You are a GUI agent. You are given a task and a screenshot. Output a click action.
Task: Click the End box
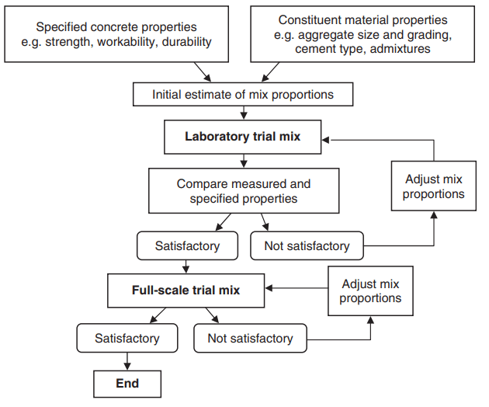(x=127, y=384)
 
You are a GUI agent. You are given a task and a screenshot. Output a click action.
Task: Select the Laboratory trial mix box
(x=243, y=137)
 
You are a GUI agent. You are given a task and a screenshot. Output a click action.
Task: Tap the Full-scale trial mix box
(x=186, y=290)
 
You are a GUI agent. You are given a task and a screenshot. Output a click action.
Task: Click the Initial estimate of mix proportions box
(x=243, y=94)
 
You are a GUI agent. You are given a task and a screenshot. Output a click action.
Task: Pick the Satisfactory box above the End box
(x=127, y=338)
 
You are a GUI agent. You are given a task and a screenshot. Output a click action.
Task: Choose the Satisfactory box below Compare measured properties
(x=187, y=245)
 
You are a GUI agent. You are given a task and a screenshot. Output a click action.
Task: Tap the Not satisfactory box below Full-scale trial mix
(x=250, y=338)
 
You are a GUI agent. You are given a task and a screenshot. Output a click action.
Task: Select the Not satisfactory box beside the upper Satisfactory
(x=307, y=245)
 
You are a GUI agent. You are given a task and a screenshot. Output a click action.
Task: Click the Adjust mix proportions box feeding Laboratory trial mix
(x=433, y=186)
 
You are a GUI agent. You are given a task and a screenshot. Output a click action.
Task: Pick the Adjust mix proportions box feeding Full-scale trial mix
(x=370, y=291)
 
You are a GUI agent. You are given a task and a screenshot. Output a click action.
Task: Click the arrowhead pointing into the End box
(x=127, y=367)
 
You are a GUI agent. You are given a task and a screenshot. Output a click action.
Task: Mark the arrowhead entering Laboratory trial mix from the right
(x=325, y=140)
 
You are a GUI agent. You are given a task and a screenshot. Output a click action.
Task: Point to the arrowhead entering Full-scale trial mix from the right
(x=269, y=287)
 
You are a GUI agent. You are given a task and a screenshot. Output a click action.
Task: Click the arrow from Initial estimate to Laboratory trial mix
(x=244, y=113)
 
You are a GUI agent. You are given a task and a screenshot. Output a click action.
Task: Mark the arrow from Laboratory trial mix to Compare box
(x=244, y=161)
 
